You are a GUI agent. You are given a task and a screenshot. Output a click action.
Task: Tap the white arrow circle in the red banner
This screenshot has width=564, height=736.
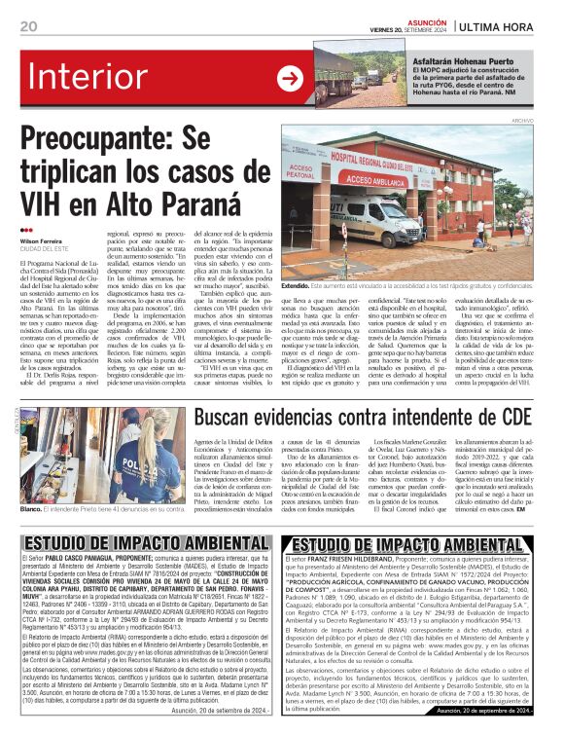point(290,79)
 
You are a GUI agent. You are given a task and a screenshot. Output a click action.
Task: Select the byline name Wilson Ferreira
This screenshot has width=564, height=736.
point(42,239)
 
